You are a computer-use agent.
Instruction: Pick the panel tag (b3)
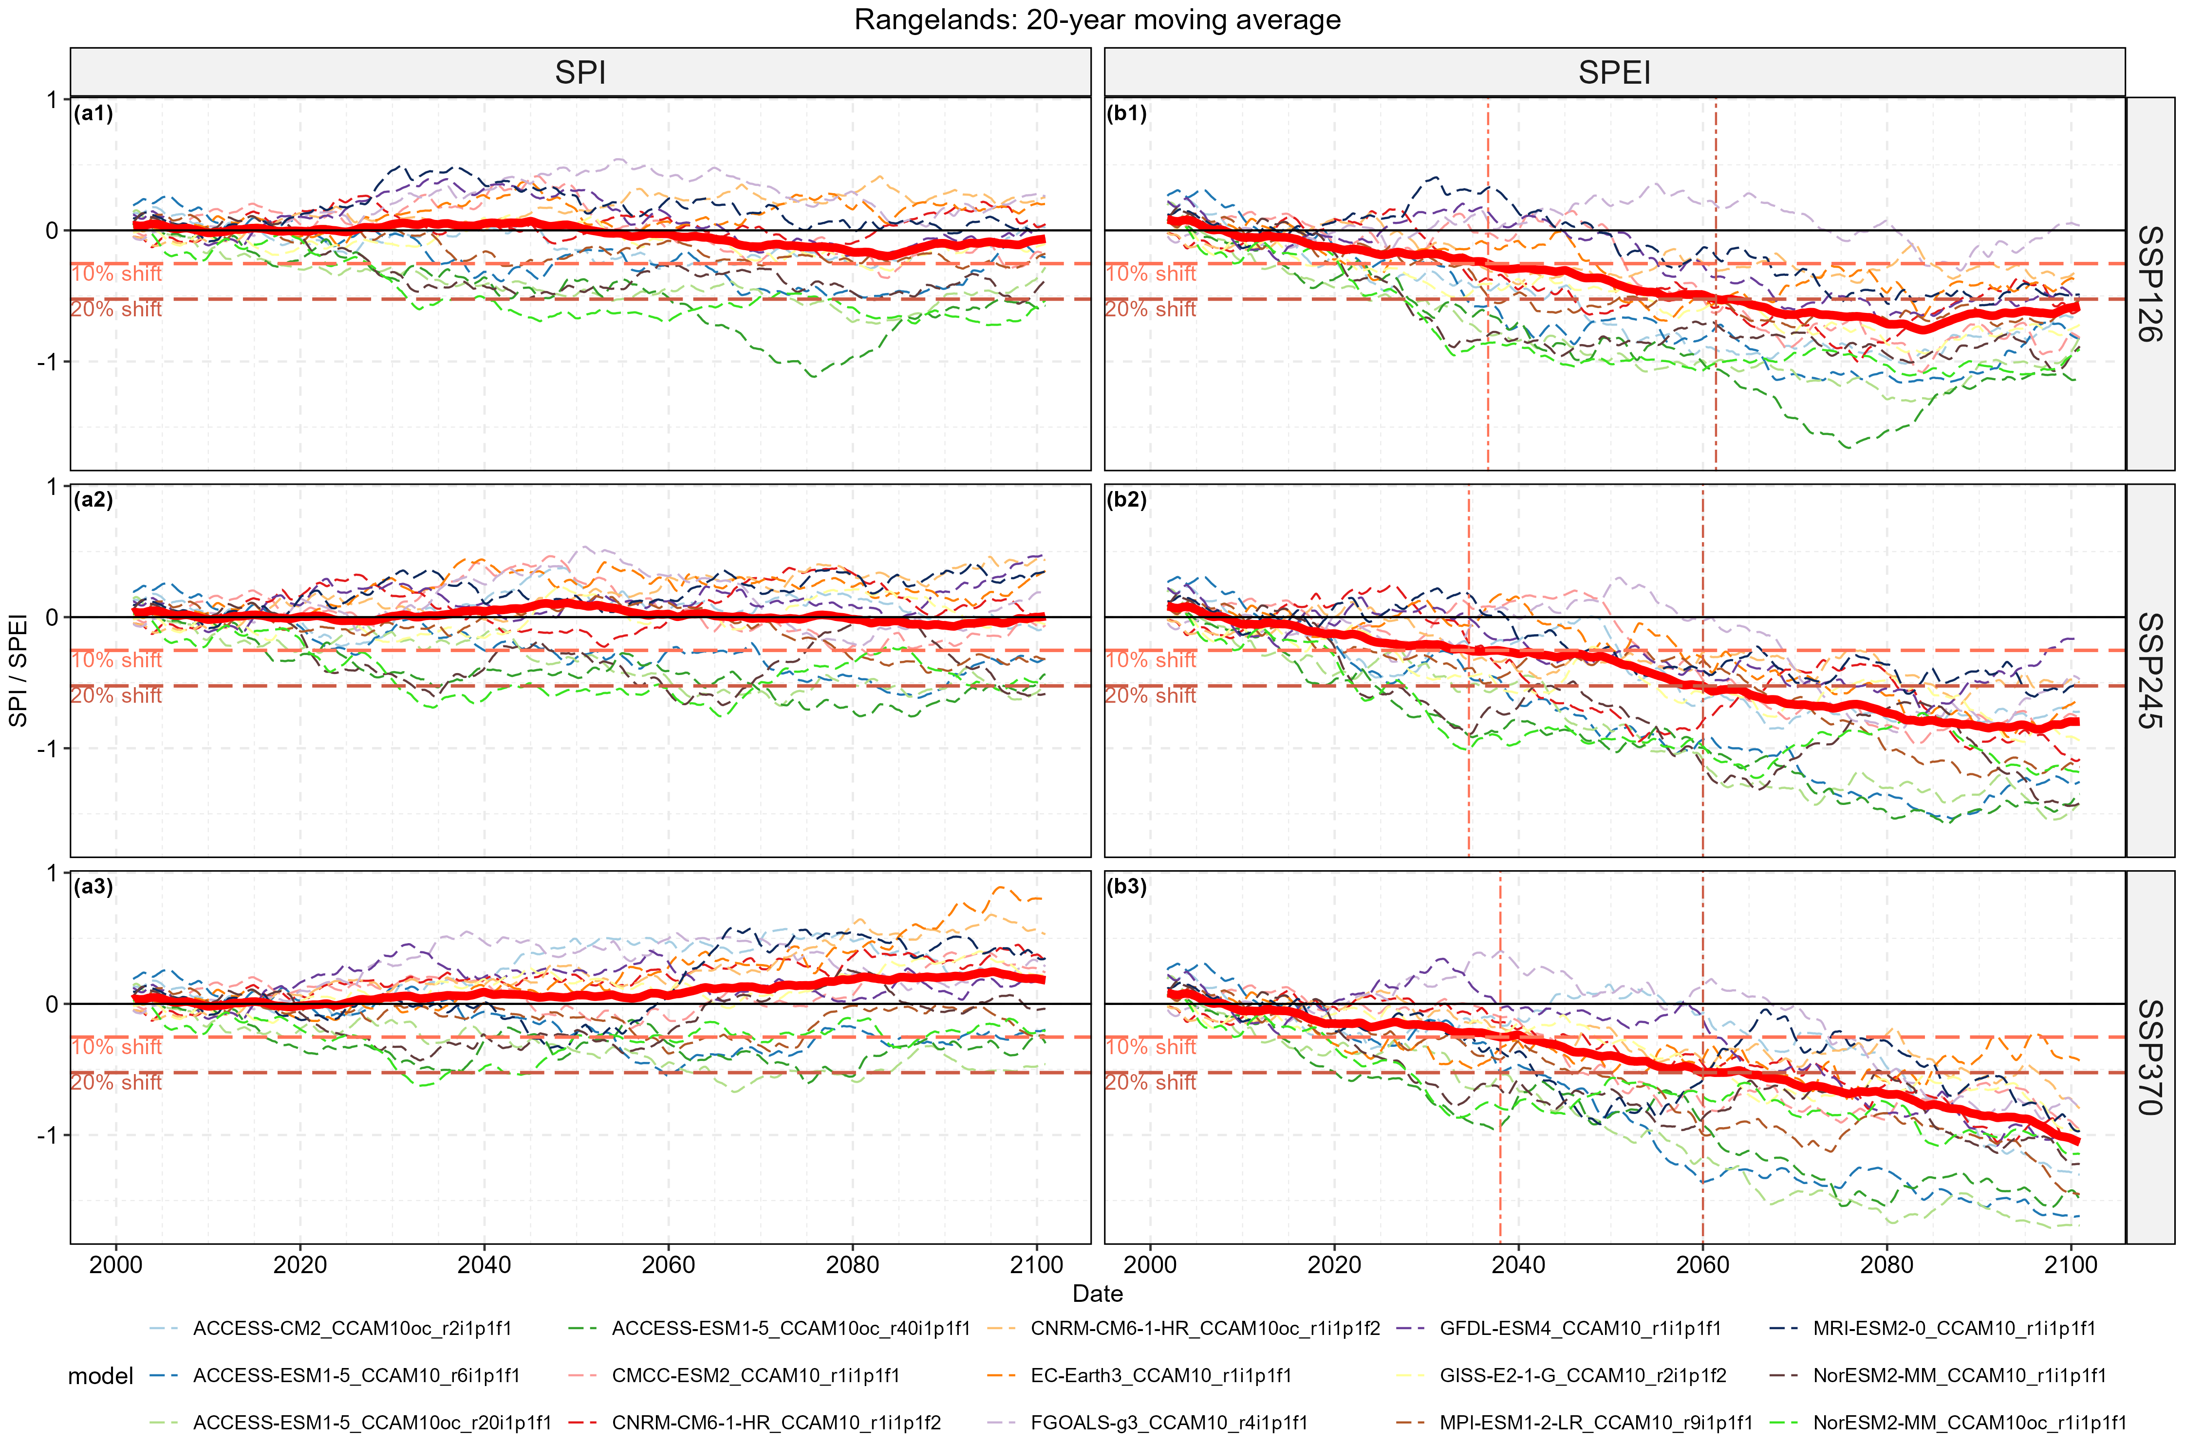1126,887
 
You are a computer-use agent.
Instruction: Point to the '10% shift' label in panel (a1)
117,274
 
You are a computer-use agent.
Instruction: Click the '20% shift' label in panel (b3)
1150,1082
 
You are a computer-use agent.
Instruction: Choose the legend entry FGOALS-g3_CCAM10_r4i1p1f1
1168,1423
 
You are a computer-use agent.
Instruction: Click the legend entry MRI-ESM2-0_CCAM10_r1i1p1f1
1953,1328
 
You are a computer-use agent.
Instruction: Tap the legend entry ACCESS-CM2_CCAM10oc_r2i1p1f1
352,1328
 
